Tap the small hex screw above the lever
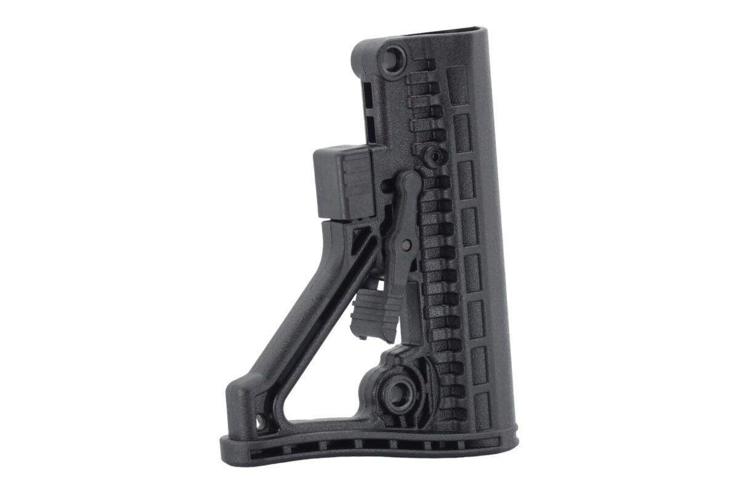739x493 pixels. click(x=435, y=157)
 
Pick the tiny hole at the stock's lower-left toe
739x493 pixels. click(x=260, y=422)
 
